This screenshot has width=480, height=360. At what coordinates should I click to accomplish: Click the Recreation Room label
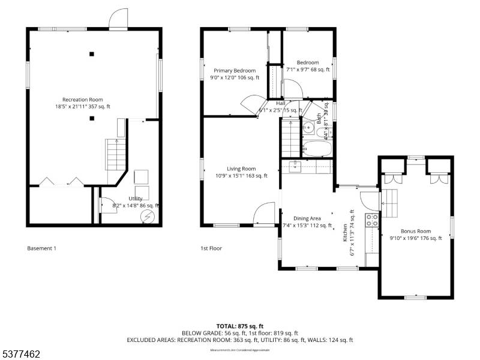83,100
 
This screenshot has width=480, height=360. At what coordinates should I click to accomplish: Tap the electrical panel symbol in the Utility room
147,216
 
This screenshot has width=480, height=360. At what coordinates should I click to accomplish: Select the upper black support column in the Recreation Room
92,54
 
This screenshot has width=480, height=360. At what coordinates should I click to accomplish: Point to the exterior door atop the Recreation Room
118,19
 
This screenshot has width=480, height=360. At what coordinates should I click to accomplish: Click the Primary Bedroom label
235,71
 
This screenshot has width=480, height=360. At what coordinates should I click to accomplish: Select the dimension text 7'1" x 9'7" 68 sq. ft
308,70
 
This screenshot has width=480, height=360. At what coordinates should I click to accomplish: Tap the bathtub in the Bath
316,148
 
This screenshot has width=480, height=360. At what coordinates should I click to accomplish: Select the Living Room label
241,169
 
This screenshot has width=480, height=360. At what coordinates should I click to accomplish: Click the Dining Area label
307,218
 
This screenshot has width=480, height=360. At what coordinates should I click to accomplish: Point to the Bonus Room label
416,231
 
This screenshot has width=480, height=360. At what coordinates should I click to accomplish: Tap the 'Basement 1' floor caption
41,248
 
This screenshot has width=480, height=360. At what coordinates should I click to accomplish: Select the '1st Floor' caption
211,248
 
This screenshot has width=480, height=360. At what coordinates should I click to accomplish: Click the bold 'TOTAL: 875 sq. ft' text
240,326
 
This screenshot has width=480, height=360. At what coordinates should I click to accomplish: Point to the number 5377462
20,355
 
